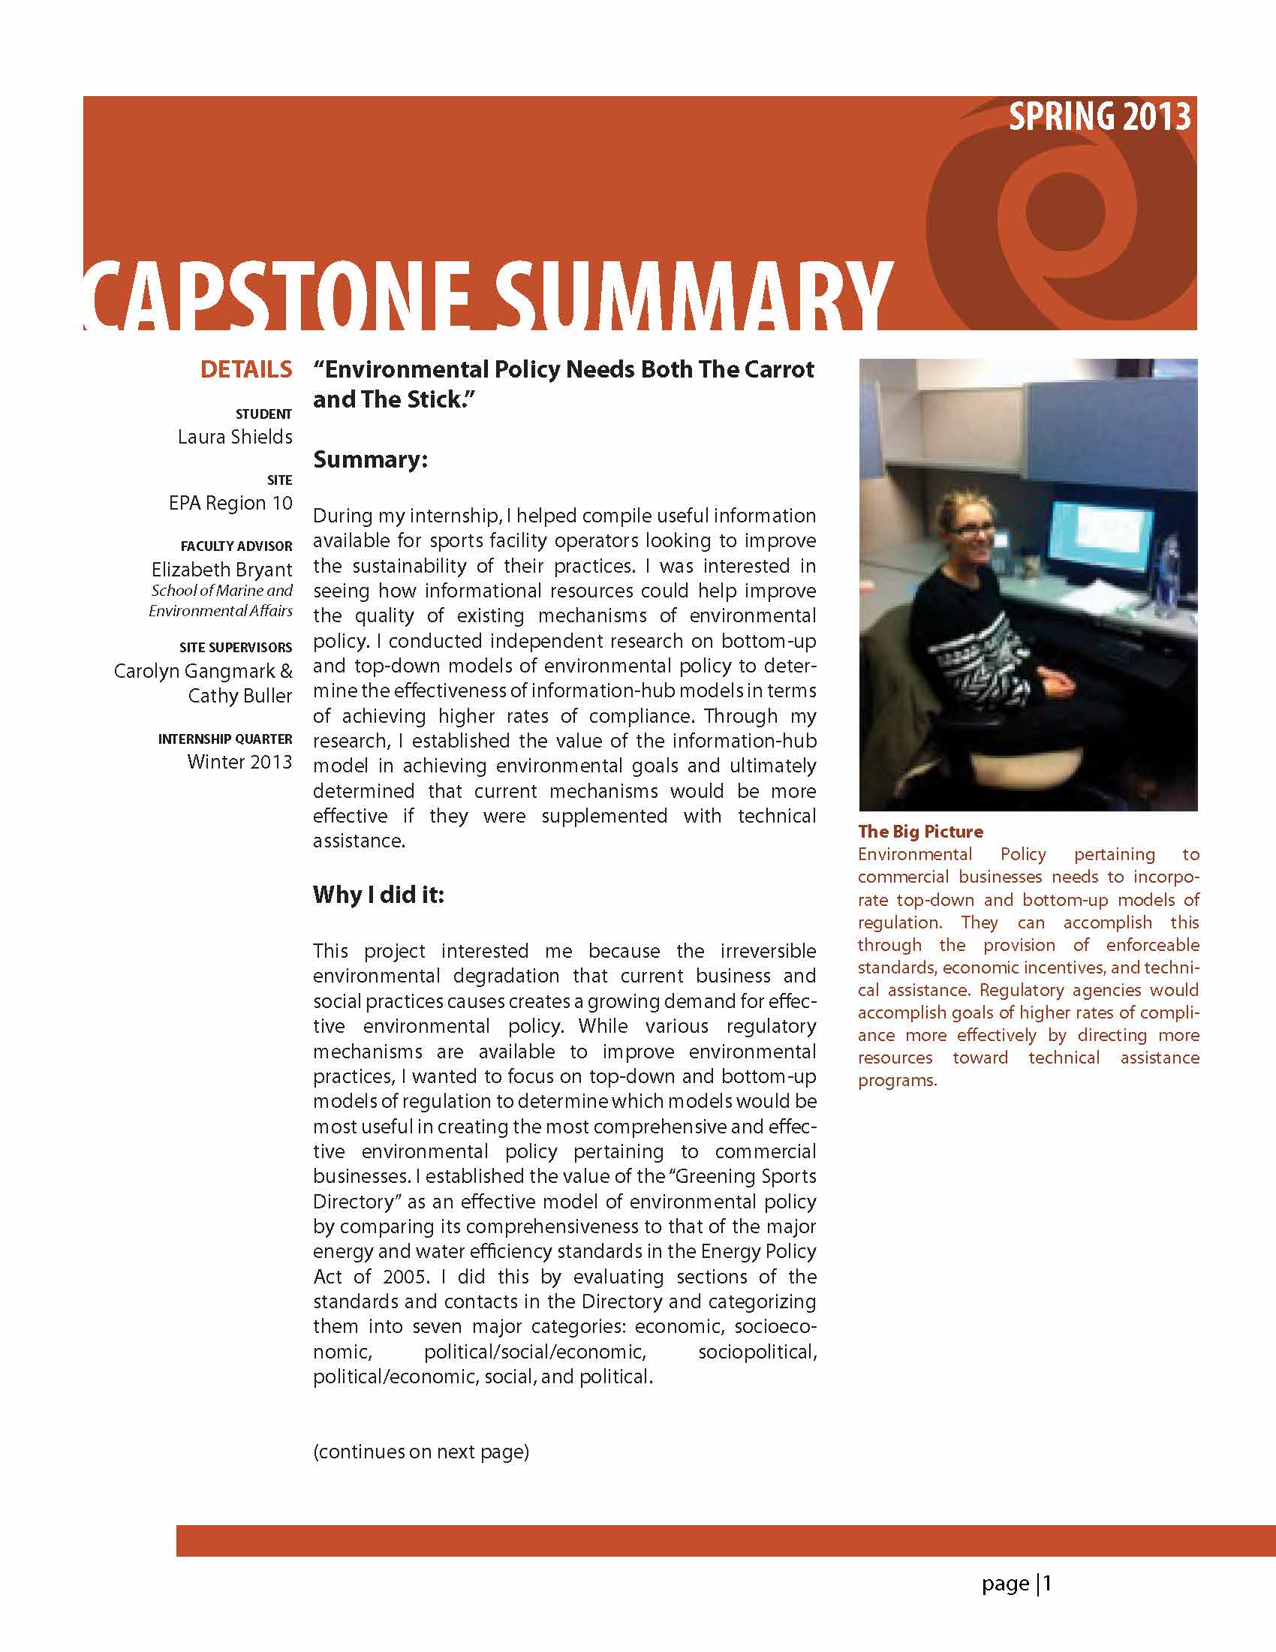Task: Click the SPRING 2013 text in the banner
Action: (1099, 117)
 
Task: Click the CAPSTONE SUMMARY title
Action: (488, 296)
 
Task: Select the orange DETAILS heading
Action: (246, 369)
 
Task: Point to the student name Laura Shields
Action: (234, 437)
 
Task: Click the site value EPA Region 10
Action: (230, 503)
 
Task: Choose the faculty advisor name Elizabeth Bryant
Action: (221, 569)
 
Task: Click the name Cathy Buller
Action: (239, 696)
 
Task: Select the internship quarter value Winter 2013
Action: (239, 762)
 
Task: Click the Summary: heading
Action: (371, 459)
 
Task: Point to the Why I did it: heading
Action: (378, 895)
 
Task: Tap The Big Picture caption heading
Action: (919, 832)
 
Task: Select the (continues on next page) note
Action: (420, 1452)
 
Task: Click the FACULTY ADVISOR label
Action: (236, 546)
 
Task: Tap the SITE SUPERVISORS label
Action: (235, 648)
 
